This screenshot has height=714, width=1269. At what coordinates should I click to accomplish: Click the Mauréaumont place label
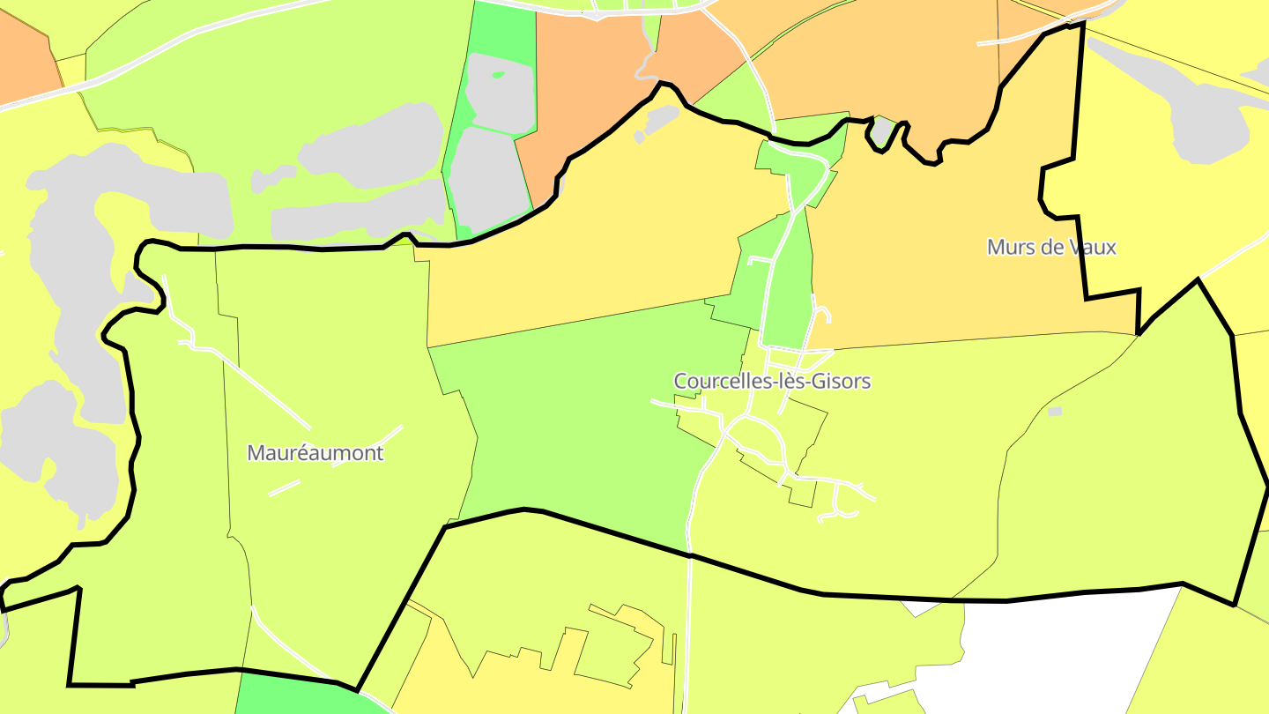click(315, 453)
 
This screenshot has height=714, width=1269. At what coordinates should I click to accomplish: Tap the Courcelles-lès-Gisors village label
click(772, 381)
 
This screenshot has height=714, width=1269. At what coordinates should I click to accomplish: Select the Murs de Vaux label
click(1051, 247)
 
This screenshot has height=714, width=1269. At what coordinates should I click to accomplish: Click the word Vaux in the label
click(1093, 247)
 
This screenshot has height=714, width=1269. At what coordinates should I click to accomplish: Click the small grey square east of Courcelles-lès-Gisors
click(1055, 412)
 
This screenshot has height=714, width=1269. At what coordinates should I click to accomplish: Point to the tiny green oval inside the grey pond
click(499, 75)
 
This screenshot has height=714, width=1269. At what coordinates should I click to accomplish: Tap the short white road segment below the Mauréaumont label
click(284, 487)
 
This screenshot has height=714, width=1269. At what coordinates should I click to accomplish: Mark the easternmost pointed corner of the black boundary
click(1266, 486)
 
